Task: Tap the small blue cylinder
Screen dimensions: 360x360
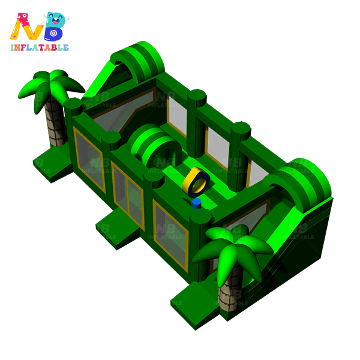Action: [197, 203]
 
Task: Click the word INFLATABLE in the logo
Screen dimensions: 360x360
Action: [40, 47]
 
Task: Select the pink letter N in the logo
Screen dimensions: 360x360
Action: [26, 27]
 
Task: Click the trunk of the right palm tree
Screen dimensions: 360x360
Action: [230, 289]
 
